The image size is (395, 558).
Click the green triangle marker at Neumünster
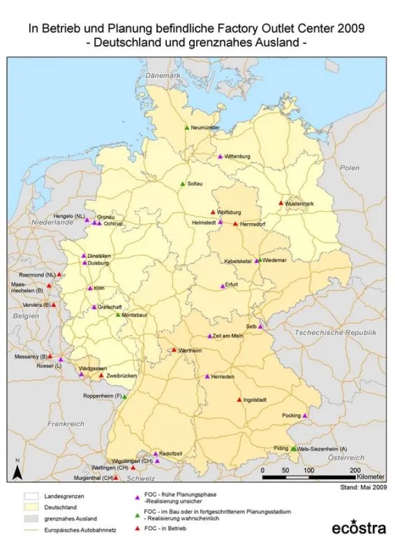(187, 128)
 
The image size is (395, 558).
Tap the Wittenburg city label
(237, 156)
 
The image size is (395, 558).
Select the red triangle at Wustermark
(281, 203)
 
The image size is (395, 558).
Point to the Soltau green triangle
(182, 184)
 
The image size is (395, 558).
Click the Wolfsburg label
(229, 212)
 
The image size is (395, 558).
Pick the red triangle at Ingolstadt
(239, 400)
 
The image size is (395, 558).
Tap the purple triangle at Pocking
(304, 415)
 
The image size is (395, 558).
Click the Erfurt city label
(232, 285)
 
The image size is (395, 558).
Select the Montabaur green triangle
(118, 314)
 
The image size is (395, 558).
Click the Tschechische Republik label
(335, 333)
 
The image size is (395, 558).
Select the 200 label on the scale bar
(355, 471)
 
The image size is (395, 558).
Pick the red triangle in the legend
(136, 528)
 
